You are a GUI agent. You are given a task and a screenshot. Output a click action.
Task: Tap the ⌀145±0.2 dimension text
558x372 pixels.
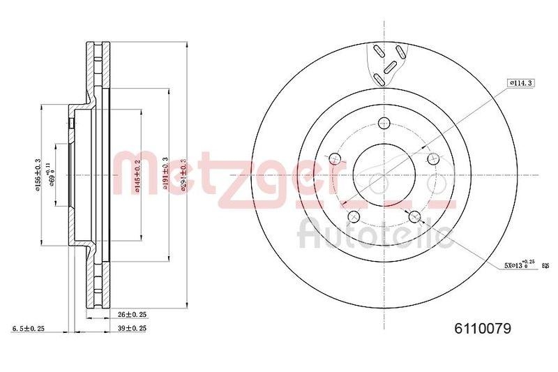click(139, 173)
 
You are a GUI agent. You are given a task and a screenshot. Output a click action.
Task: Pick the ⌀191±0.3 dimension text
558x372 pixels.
click(165, 174)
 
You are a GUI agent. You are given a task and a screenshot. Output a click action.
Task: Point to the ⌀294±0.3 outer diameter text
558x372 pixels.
click(183, 174)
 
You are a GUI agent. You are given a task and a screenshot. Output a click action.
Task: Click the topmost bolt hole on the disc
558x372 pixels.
click(383, 124)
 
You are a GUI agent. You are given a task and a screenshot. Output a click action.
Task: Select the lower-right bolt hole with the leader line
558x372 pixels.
click(414, 216)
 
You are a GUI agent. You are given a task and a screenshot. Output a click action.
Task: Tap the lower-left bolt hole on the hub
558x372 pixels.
click(352, 216)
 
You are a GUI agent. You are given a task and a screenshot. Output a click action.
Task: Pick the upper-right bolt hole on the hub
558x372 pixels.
click(432, 158)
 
